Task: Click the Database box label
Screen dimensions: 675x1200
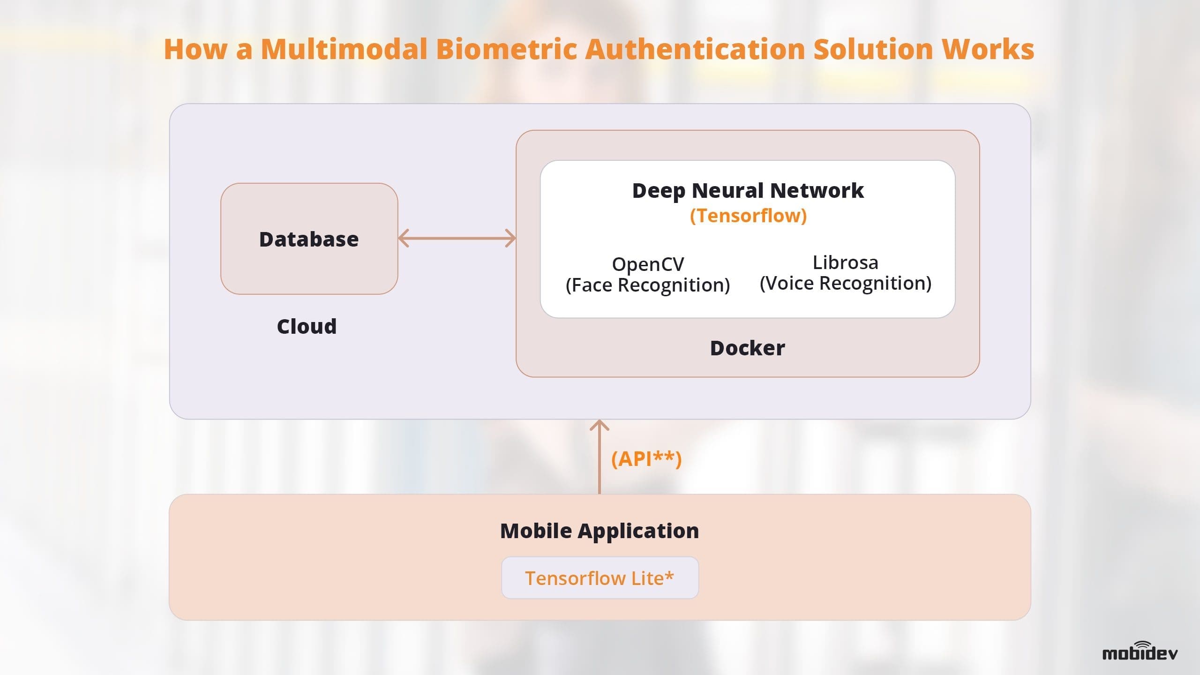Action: pyautogui.click(x=309, y=240)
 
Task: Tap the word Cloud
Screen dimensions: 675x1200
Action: pyautogui.click(x=307, y=327)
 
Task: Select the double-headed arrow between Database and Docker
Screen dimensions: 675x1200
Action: pyautogui.click(x=457, y=238)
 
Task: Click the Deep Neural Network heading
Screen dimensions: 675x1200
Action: pyautogui.click(x=748, y=191)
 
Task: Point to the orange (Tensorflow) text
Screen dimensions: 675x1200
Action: pyautogui.click(x=748, y=216)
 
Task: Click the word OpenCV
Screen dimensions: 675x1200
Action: pyautogui.click(x=648, y=264)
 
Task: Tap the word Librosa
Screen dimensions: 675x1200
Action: pyautogui.click(x=845, y=262)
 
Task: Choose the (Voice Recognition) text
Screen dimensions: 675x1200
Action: pyautogui.click(x=845, y=284)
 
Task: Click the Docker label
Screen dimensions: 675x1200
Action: pyautogui.click(x=747, y=348)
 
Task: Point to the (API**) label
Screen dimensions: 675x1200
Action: pyautogui.click(x=646, y=459)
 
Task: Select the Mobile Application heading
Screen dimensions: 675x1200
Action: pyautogui.click(x=600, y=531)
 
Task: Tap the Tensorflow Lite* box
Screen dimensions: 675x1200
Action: pyautogui.click(x=600, y=578)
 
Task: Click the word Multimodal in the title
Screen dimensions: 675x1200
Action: pyautogui.click(x=344, y=49)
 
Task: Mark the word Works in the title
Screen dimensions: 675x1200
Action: pyautogui.click(x=988, y=49)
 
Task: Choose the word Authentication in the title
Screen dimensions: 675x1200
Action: pyautogui.click(x=695, y=49)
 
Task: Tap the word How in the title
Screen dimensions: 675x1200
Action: pyautogui.click(x=195, y=49)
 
